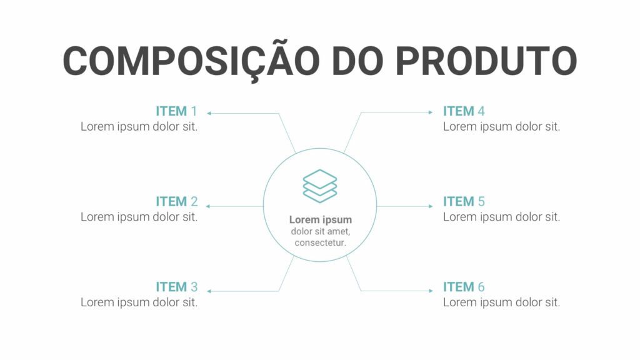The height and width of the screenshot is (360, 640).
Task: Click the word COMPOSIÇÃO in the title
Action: click(x=191, y=61)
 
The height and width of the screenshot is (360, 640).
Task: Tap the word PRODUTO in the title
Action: click(x=486, y=61)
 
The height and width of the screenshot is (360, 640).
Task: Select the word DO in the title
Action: click(x=357, y=61)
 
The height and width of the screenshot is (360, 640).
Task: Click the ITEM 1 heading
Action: click(x=176, y=111)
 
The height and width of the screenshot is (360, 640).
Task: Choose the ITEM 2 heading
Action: click(x=176, y=201)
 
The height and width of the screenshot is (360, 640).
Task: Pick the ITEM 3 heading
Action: click(x=176, y=287)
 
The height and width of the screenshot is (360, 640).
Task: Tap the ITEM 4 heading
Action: click(x=464, y=111)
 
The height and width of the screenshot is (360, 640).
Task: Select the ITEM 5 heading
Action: click(x=464, y=201)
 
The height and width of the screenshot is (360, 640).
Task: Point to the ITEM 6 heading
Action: click(x=464, y=287)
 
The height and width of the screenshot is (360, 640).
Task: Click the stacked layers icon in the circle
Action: click(x=320, y=186)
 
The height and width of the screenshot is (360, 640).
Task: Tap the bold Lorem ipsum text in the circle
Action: click(x=321, y=219)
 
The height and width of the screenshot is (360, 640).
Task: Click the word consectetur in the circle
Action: click(x=321, y=243)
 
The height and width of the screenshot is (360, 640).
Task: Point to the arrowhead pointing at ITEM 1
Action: click(x=209, y=113)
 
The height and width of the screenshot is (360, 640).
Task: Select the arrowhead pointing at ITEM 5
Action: click(x=431, y=206)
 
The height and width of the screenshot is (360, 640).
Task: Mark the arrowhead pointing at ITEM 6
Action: click(x=431, y=291)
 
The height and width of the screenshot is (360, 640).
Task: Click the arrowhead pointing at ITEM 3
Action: click(x=209, y=291)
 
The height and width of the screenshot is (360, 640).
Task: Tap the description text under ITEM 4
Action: click(x=502, y=126)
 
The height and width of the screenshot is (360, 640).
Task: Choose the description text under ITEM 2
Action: click(x=139, y=217)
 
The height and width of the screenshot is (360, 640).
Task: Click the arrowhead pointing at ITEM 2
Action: click(x=208, y=206)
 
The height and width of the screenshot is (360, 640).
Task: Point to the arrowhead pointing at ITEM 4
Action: click(x=431, y=112)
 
